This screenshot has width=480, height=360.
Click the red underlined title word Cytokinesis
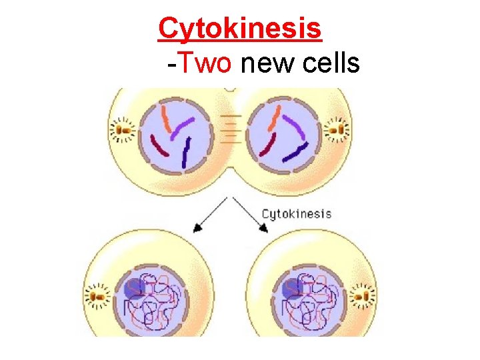[240, 29]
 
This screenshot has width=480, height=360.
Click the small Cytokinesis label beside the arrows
[296, 213]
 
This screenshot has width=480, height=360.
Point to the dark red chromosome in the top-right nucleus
[267, 145]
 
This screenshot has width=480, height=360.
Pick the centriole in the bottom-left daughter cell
[99, 294]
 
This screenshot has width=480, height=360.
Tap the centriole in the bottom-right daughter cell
[363, 294]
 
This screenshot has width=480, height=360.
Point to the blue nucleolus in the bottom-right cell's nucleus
[292, 289]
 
